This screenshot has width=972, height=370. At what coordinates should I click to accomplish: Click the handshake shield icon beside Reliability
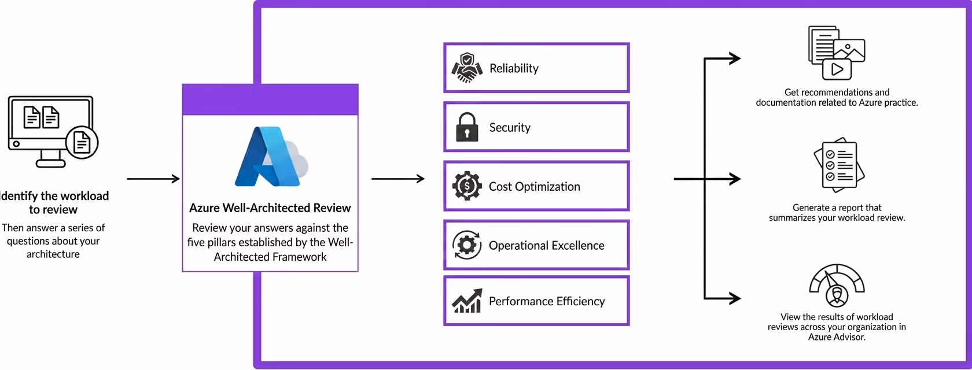point(467,68)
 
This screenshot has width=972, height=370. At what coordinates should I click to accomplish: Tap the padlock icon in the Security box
point(467,127)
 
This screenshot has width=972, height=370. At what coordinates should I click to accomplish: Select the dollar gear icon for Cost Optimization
point(467,186)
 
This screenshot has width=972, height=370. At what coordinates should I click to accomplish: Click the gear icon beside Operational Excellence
point(467,245)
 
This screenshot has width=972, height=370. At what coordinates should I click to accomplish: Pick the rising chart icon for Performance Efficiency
point(467,301)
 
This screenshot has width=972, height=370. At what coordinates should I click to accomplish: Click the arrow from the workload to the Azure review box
point(153,179)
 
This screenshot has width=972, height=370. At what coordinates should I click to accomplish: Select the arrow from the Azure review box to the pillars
point(397,179)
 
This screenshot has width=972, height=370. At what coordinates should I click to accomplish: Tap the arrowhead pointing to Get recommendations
point(735,58)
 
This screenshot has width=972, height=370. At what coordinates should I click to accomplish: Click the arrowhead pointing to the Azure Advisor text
point(735,298)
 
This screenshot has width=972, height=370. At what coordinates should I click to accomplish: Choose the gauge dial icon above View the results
point(837,286)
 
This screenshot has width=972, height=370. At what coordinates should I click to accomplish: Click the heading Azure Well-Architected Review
point(270,208)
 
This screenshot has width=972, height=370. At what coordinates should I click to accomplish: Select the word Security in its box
point(510,128)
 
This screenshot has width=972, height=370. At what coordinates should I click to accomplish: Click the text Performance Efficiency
point(547,301)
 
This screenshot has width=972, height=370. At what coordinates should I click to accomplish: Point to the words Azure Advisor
point(837,337)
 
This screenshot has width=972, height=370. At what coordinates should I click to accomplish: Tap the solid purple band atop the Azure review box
point(270,100)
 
